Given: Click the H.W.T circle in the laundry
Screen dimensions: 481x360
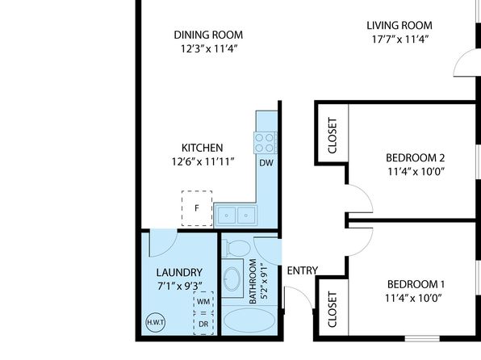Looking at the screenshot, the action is click(155, 323).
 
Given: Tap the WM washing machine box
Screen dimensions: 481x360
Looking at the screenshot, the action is click(203, 301).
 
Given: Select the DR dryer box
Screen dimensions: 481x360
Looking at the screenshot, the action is click(203, 324).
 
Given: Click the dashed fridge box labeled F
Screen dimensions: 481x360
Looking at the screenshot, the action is click(197, 208).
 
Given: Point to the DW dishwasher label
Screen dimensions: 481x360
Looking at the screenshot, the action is click(266, 163).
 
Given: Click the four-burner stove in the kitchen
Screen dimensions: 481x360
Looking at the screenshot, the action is click(265, 143).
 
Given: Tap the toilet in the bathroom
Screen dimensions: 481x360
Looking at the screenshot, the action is click(236, 248).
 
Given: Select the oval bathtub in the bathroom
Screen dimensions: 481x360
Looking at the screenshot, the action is click(249, 320).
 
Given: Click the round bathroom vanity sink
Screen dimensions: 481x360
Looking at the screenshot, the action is click(232, 278).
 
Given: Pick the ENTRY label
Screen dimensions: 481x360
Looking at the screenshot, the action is click(303, 270).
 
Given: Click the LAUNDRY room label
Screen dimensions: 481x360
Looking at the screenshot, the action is click(179, 273).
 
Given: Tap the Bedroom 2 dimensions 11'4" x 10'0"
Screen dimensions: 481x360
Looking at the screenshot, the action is click(416, 172).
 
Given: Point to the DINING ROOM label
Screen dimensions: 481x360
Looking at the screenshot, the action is click(208, 35).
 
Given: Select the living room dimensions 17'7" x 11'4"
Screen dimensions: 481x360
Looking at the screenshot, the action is click(400, 40).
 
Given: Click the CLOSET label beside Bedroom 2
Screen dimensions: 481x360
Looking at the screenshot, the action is click(333, 136).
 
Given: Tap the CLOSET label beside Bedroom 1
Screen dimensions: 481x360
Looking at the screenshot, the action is click(333, 309).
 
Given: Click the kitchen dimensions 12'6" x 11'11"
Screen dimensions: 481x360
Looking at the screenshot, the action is click(203, 161).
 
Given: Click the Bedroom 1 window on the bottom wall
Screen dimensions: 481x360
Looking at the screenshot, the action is click(422, 338).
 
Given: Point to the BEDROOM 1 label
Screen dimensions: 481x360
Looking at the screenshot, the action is click(416, 284).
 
